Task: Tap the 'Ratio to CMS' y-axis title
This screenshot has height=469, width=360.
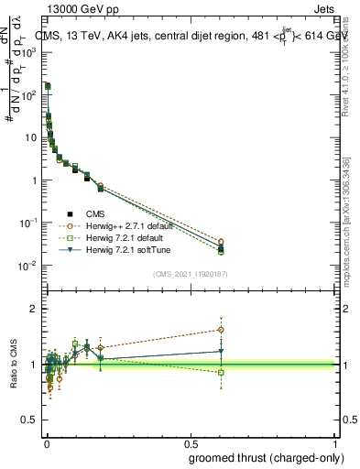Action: [x=12, y=365]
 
